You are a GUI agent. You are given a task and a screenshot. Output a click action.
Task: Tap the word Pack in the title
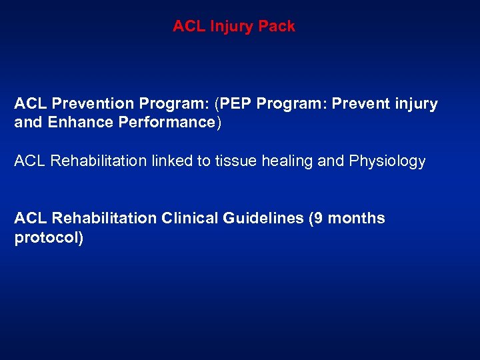[279, 27]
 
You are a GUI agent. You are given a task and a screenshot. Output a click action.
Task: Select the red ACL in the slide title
[188, 27]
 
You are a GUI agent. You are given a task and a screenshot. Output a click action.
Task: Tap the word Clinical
[188, 219]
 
